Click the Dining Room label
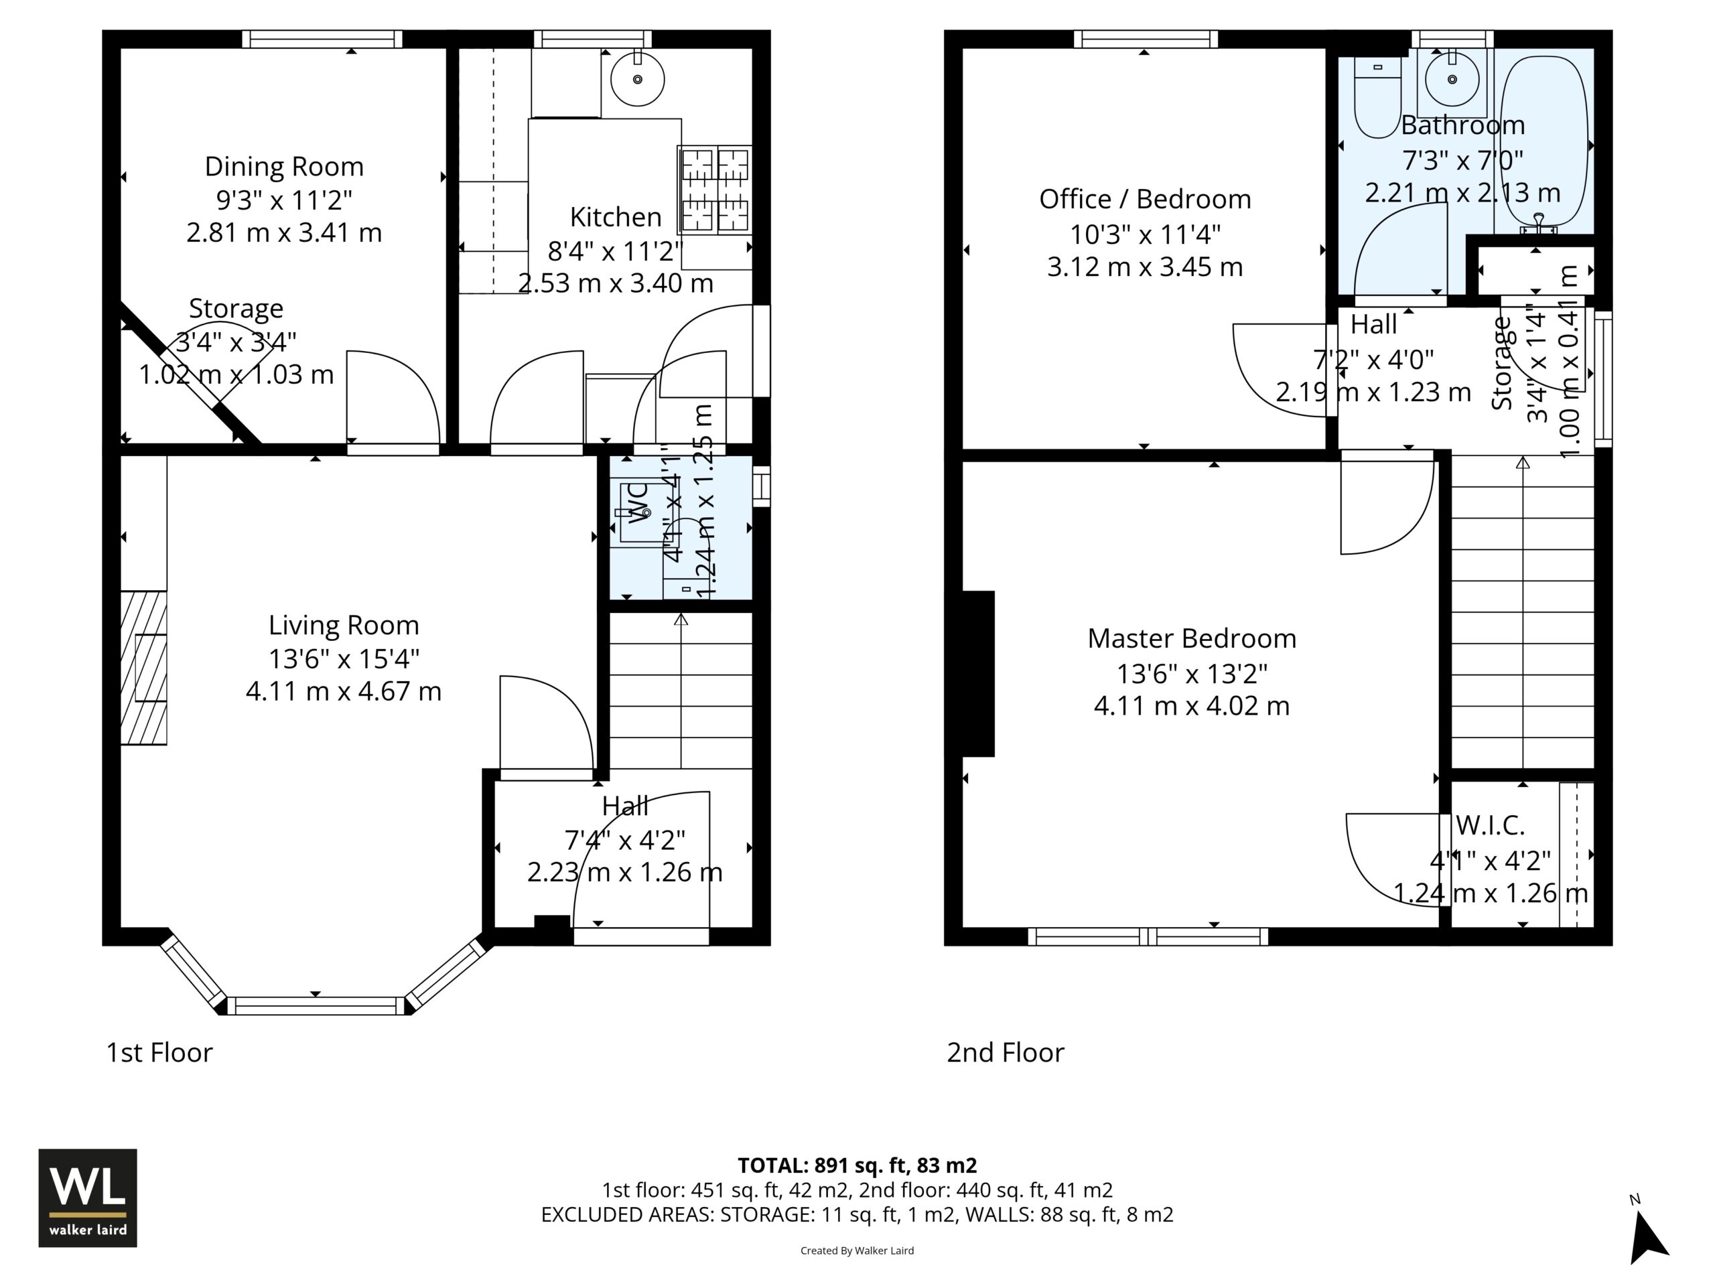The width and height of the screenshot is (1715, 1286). (284, 167)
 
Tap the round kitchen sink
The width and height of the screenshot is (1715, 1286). (637, 79)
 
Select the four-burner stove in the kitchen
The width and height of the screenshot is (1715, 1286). (714, 190)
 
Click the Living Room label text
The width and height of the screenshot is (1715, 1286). (344, 626)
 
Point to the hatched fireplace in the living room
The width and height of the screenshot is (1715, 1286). (143, 668)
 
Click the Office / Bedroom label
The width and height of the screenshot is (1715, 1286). (1145, 199)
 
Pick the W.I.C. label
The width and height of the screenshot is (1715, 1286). (1490, 826)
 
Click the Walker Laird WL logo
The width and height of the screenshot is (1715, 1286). (88, 1198)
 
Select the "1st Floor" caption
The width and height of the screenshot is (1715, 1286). (159, 1053)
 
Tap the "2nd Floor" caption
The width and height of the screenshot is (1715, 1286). (1006, 1053)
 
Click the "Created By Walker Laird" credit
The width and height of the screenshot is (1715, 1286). (857, 1251)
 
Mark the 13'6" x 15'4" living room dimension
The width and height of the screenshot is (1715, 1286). (344, 659)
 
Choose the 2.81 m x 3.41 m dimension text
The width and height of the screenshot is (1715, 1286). (284, 232)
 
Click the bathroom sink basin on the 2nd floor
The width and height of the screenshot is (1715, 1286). (1452, 79)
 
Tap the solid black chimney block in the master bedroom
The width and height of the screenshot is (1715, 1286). (979, 674)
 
